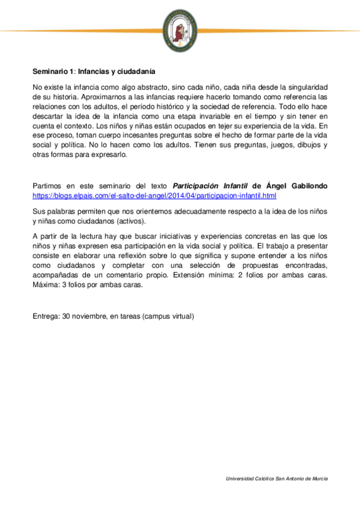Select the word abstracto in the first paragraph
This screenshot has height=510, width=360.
coord(140,87)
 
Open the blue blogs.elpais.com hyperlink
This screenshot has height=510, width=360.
coord(154,195)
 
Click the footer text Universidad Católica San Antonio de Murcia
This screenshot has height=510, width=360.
coord(276,478)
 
